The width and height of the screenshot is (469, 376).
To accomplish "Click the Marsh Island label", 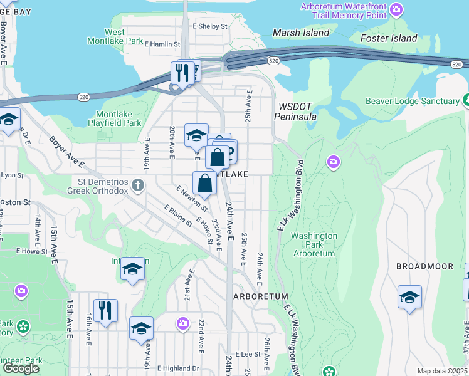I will [300, 32].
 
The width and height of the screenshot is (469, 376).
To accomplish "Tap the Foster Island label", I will [389, 38].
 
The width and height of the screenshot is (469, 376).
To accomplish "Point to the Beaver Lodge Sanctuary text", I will [413, 101].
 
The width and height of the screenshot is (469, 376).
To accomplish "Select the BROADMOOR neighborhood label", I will [424, 266].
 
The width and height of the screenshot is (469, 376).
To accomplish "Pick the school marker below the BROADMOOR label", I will [409, 297].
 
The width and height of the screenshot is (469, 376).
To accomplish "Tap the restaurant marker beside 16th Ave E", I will [105, 310].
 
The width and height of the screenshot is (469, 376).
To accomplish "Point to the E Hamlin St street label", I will [162, 44].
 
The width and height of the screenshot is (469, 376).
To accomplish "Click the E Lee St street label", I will [248, 354].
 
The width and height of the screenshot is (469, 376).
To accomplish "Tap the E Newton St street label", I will [192, 199].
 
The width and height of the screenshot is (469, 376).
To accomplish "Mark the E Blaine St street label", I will [178, 216].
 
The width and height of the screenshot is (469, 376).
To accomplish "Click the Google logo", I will [21, 368].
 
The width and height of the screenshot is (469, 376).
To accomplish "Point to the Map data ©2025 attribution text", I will [442, 371].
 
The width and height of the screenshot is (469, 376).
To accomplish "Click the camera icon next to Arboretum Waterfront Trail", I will [396, 9].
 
